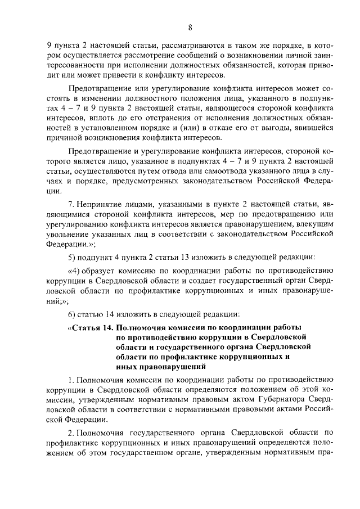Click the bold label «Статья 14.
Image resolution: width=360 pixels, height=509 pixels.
click(91, 327)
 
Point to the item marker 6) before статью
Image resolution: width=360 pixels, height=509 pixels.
click(71, 313)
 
